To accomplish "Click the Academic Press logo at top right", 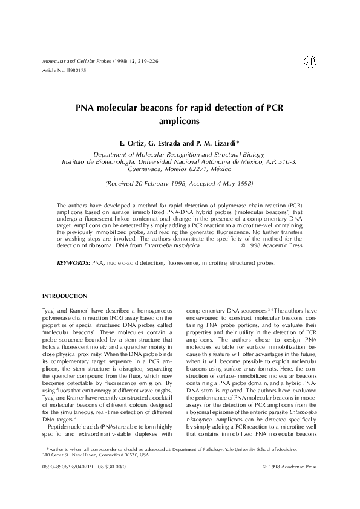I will (310, 62).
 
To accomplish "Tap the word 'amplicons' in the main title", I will (180, 120).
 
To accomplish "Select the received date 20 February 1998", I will (159, 183).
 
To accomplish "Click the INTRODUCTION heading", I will (65, 296).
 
